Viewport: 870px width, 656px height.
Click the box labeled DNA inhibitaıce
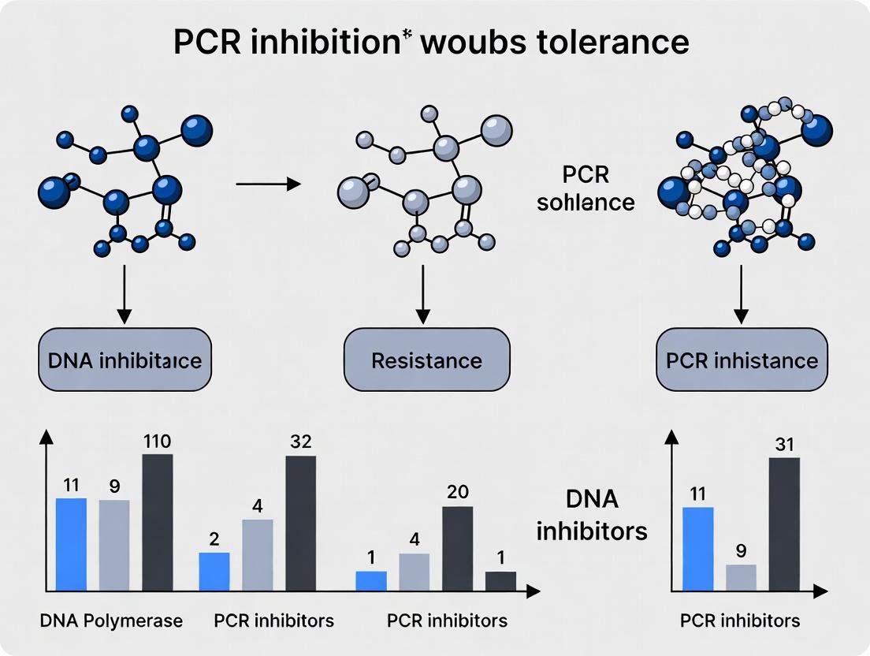[x=124, y=360]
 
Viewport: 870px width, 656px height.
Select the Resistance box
[x=426, y=360]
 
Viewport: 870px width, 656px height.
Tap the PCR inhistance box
[x=742, y=360]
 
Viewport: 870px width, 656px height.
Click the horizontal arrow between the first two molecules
[x=268, y=184]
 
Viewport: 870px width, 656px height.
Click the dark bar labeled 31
[x=783, y=524]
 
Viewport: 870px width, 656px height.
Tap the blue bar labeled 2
[x=214, y=571]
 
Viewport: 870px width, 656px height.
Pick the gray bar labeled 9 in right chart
[x=741, y=577]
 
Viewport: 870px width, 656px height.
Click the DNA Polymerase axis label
[x=111, y=621]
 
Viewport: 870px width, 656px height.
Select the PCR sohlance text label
[x=586, y=188]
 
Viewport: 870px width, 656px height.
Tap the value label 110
[x=157, y=442]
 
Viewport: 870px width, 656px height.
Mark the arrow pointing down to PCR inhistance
[x=742, y=296]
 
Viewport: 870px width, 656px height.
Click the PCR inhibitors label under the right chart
[x=740, y=621]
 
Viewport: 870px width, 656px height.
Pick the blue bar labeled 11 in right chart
[x=697, y=549]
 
